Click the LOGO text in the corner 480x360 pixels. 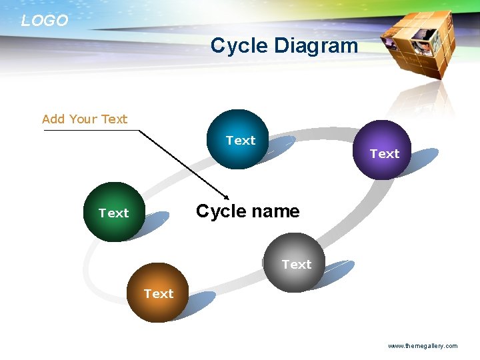pos(44,21)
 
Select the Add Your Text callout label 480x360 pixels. pos(85,119)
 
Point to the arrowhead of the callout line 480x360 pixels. pos(227,197)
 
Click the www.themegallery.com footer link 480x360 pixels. pos(423,346)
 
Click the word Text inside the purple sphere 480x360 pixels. pos(385,154)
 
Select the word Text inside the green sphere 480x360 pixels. pos(113,213)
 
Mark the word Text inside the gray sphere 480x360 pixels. pos(296,265)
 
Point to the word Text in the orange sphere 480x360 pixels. pos(159,294)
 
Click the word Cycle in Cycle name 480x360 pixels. pos(220,212)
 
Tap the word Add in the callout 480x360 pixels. pos(53,119)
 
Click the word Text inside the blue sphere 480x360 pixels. pos(240,141)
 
